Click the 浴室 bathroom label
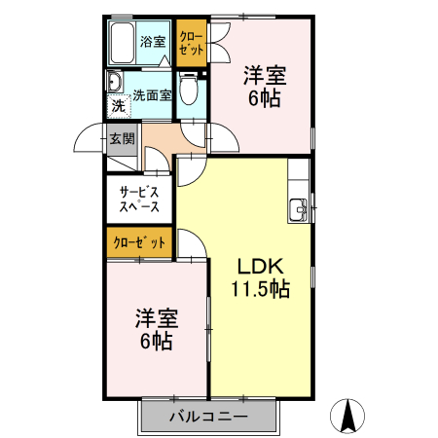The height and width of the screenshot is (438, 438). point(153,42)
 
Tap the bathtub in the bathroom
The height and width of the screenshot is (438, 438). point(121,44)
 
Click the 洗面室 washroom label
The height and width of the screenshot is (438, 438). point(153,95)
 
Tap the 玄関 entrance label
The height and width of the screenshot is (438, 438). point(122,138)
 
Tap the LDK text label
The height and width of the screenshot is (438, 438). point(259,265)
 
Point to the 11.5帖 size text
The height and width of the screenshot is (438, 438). point(259,288)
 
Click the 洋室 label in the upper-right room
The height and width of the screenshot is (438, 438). point(264,75)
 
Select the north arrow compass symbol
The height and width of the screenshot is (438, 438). point(346,416)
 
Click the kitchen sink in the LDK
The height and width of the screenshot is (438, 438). point(298,206)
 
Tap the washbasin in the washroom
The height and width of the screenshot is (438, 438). point(113,83)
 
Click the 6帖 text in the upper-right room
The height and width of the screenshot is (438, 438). point(264,98)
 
